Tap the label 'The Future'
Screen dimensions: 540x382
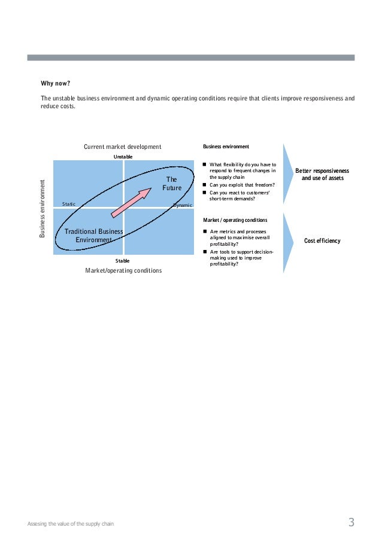(171, 184)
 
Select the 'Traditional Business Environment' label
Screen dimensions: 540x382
(94, 236)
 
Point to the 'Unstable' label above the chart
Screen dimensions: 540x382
(123, 156)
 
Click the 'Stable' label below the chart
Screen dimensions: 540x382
(122, 261)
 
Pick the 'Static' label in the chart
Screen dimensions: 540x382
(69, 204)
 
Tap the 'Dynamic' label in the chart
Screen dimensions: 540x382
(183, 205)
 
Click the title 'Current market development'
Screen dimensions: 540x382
(122, 147)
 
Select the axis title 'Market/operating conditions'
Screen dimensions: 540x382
(123, 270)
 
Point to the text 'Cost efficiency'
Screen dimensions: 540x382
(322, 241)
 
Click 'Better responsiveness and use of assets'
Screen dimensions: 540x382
(322, 174)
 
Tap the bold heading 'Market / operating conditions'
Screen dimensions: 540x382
(235, 220)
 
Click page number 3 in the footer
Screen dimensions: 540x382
(351, 523)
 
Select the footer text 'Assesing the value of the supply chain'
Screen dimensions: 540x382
(71, 524)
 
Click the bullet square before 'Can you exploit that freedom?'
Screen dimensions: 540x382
(205, 185)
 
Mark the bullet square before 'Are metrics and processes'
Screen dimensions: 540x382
(205, 231)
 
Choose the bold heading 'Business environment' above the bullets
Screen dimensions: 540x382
(226, 147)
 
